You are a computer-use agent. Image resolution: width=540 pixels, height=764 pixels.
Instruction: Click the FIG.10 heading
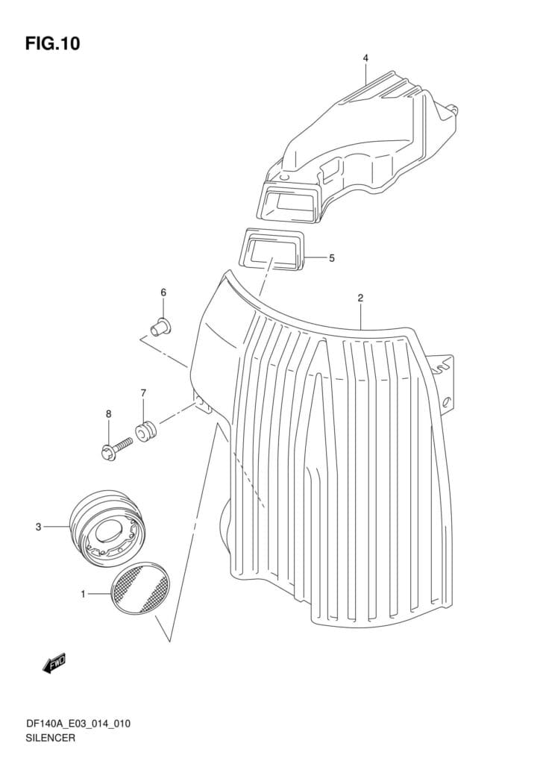53,43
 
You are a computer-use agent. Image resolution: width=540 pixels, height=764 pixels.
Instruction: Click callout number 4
365,58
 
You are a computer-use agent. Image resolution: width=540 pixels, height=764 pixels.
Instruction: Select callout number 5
332,258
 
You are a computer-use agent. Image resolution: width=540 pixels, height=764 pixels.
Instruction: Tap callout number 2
360,298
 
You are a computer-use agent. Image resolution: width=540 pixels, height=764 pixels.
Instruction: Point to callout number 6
163,292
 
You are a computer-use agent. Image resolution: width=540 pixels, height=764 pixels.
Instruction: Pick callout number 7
143,392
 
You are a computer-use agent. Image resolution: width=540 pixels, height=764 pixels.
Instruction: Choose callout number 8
109,413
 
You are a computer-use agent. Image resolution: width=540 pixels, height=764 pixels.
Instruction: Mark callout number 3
39,527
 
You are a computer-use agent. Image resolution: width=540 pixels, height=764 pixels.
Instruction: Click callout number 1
84,594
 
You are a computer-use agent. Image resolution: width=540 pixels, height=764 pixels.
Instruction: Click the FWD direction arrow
54,663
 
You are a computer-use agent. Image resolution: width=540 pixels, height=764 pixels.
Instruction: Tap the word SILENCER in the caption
51,738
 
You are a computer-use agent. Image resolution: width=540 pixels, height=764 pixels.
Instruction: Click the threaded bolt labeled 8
116,448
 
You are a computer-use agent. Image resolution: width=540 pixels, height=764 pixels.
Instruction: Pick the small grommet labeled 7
145,432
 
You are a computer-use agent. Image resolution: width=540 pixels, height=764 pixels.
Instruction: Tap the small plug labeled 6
160,327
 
